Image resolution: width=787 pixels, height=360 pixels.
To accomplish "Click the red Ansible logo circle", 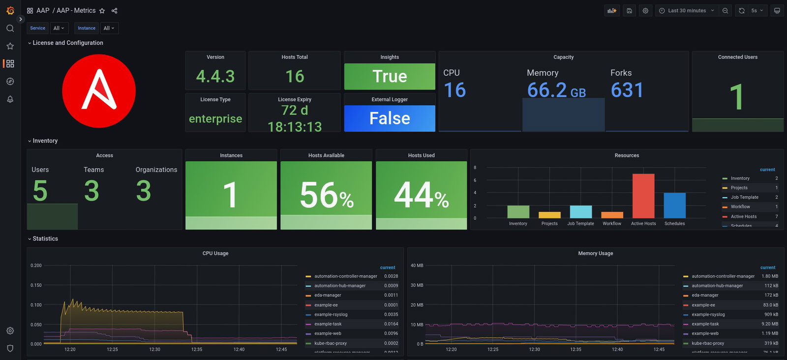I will [x=98, y=91].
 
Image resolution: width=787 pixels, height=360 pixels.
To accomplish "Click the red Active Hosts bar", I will [x=643, y=196].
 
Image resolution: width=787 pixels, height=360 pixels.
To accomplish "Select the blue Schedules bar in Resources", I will [x=674, y=205].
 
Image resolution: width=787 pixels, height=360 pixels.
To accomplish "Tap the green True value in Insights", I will [x=390, y=76].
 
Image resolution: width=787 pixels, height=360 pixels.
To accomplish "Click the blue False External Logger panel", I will [x=390, y=119].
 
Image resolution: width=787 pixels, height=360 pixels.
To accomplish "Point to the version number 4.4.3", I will [x=215, y=76].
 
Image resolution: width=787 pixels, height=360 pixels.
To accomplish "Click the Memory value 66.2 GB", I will [x=556, y=90].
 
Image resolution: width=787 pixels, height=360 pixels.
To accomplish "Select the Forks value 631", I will [x=627, y=90].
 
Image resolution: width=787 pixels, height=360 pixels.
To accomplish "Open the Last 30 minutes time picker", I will [x=687, y=10].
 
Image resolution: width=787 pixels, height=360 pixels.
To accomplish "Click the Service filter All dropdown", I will [x=59, y=28].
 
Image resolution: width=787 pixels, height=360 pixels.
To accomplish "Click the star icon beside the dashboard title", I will [x=102, y=11].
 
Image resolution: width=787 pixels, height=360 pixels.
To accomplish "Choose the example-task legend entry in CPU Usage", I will [x=328, y=324].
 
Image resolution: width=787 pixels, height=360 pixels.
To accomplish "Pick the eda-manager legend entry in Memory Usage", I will [x=705, y=296].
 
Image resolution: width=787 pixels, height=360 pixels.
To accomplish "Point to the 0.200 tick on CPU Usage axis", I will [x=36, y=266].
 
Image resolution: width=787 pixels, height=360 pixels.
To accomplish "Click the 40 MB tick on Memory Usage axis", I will [x=417, y=266].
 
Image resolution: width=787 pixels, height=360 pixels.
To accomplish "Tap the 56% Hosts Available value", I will [x=326, y=195].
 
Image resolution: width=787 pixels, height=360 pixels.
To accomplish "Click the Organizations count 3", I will [x=143, y=191].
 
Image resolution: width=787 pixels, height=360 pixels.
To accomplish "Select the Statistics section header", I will [x=45, y=239].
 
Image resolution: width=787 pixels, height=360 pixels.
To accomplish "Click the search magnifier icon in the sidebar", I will [x=10, y=29].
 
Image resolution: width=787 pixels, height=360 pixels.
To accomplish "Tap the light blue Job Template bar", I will [x=580, y=212].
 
